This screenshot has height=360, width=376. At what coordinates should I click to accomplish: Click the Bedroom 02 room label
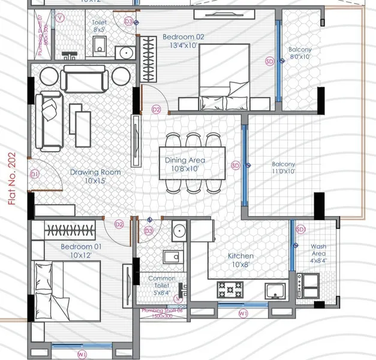[x=184, y=37]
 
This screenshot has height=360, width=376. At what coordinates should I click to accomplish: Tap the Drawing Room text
[x=95, y=172]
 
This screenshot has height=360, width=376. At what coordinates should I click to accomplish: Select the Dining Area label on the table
[x=185, y=160]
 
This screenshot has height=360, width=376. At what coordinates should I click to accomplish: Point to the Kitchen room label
[x=240, y=256]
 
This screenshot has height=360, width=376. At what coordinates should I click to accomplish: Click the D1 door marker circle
[x=34, y=174]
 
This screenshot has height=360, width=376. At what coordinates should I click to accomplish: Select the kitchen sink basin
[x=277, y=292]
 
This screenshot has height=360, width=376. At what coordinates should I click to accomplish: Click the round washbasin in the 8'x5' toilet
[x=125, y=53]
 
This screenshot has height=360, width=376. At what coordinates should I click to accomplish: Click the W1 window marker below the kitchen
[x=243, y=313]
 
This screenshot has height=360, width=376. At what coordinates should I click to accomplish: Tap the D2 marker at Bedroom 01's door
[x=119, y=224]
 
